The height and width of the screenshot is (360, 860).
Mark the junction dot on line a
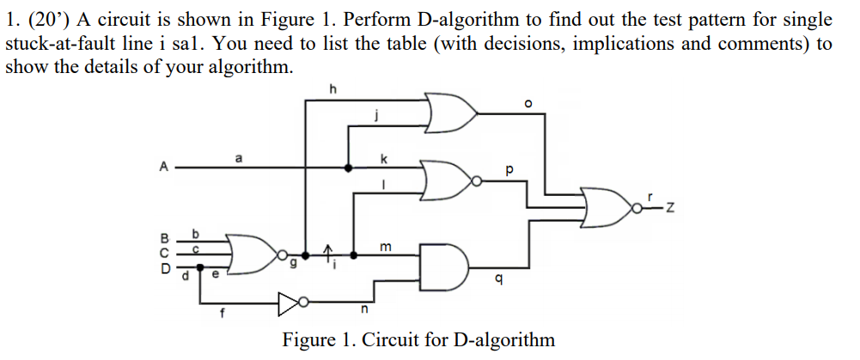click(x=348, y=168)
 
